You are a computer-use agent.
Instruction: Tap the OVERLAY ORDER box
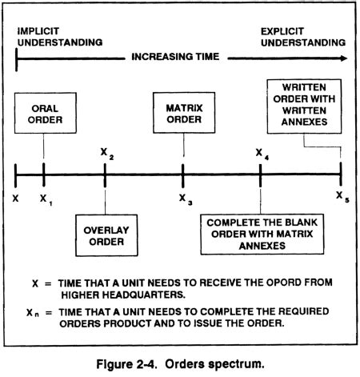pos(105,231)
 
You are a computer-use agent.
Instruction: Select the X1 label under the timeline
pos(45,197)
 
